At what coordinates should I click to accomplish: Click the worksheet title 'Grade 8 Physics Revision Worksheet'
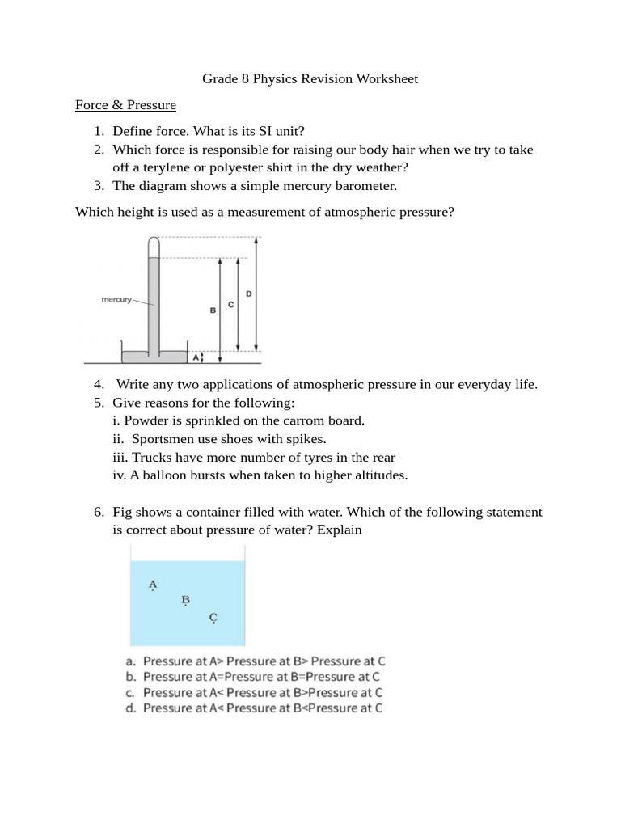(310, 79)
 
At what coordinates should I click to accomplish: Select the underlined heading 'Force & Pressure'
(125, 105)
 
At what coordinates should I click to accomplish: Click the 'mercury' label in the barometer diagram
(116, 299)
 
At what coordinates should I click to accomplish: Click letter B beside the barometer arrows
(213, 310)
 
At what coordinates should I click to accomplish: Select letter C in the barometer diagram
(231, 304)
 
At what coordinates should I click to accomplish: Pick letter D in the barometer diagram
(248, 294)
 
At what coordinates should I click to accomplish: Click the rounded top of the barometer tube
(154, 241)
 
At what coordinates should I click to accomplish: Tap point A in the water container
(153, 584)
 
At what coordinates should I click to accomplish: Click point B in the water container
(185, 600)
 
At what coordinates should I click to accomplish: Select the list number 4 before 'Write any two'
(98, 384)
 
